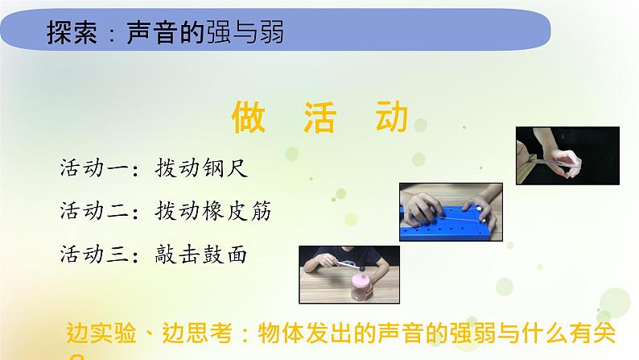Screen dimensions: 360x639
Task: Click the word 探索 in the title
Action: pos(72,34)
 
